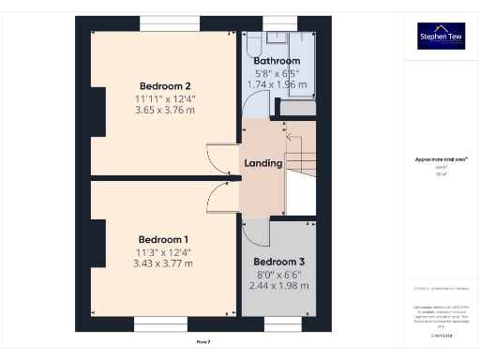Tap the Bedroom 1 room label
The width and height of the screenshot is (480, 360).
click(x=163, y=238)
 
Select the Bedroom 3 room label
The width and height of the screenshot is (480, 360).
click(x=279, y=261)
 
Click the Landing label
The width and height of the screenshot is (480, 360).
click(x=263, y=163)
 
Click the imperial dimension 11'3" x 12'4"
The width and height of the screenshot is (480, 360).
click(x=164, y=251)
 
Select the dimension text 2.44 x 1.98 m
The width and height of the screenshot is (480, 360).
click(x=279, y=285)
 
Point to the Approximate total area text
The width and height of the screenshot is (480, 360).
click(x=441, y=160)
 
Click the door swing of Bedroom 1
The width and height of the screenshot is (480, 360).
click(x=220, y=193)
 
